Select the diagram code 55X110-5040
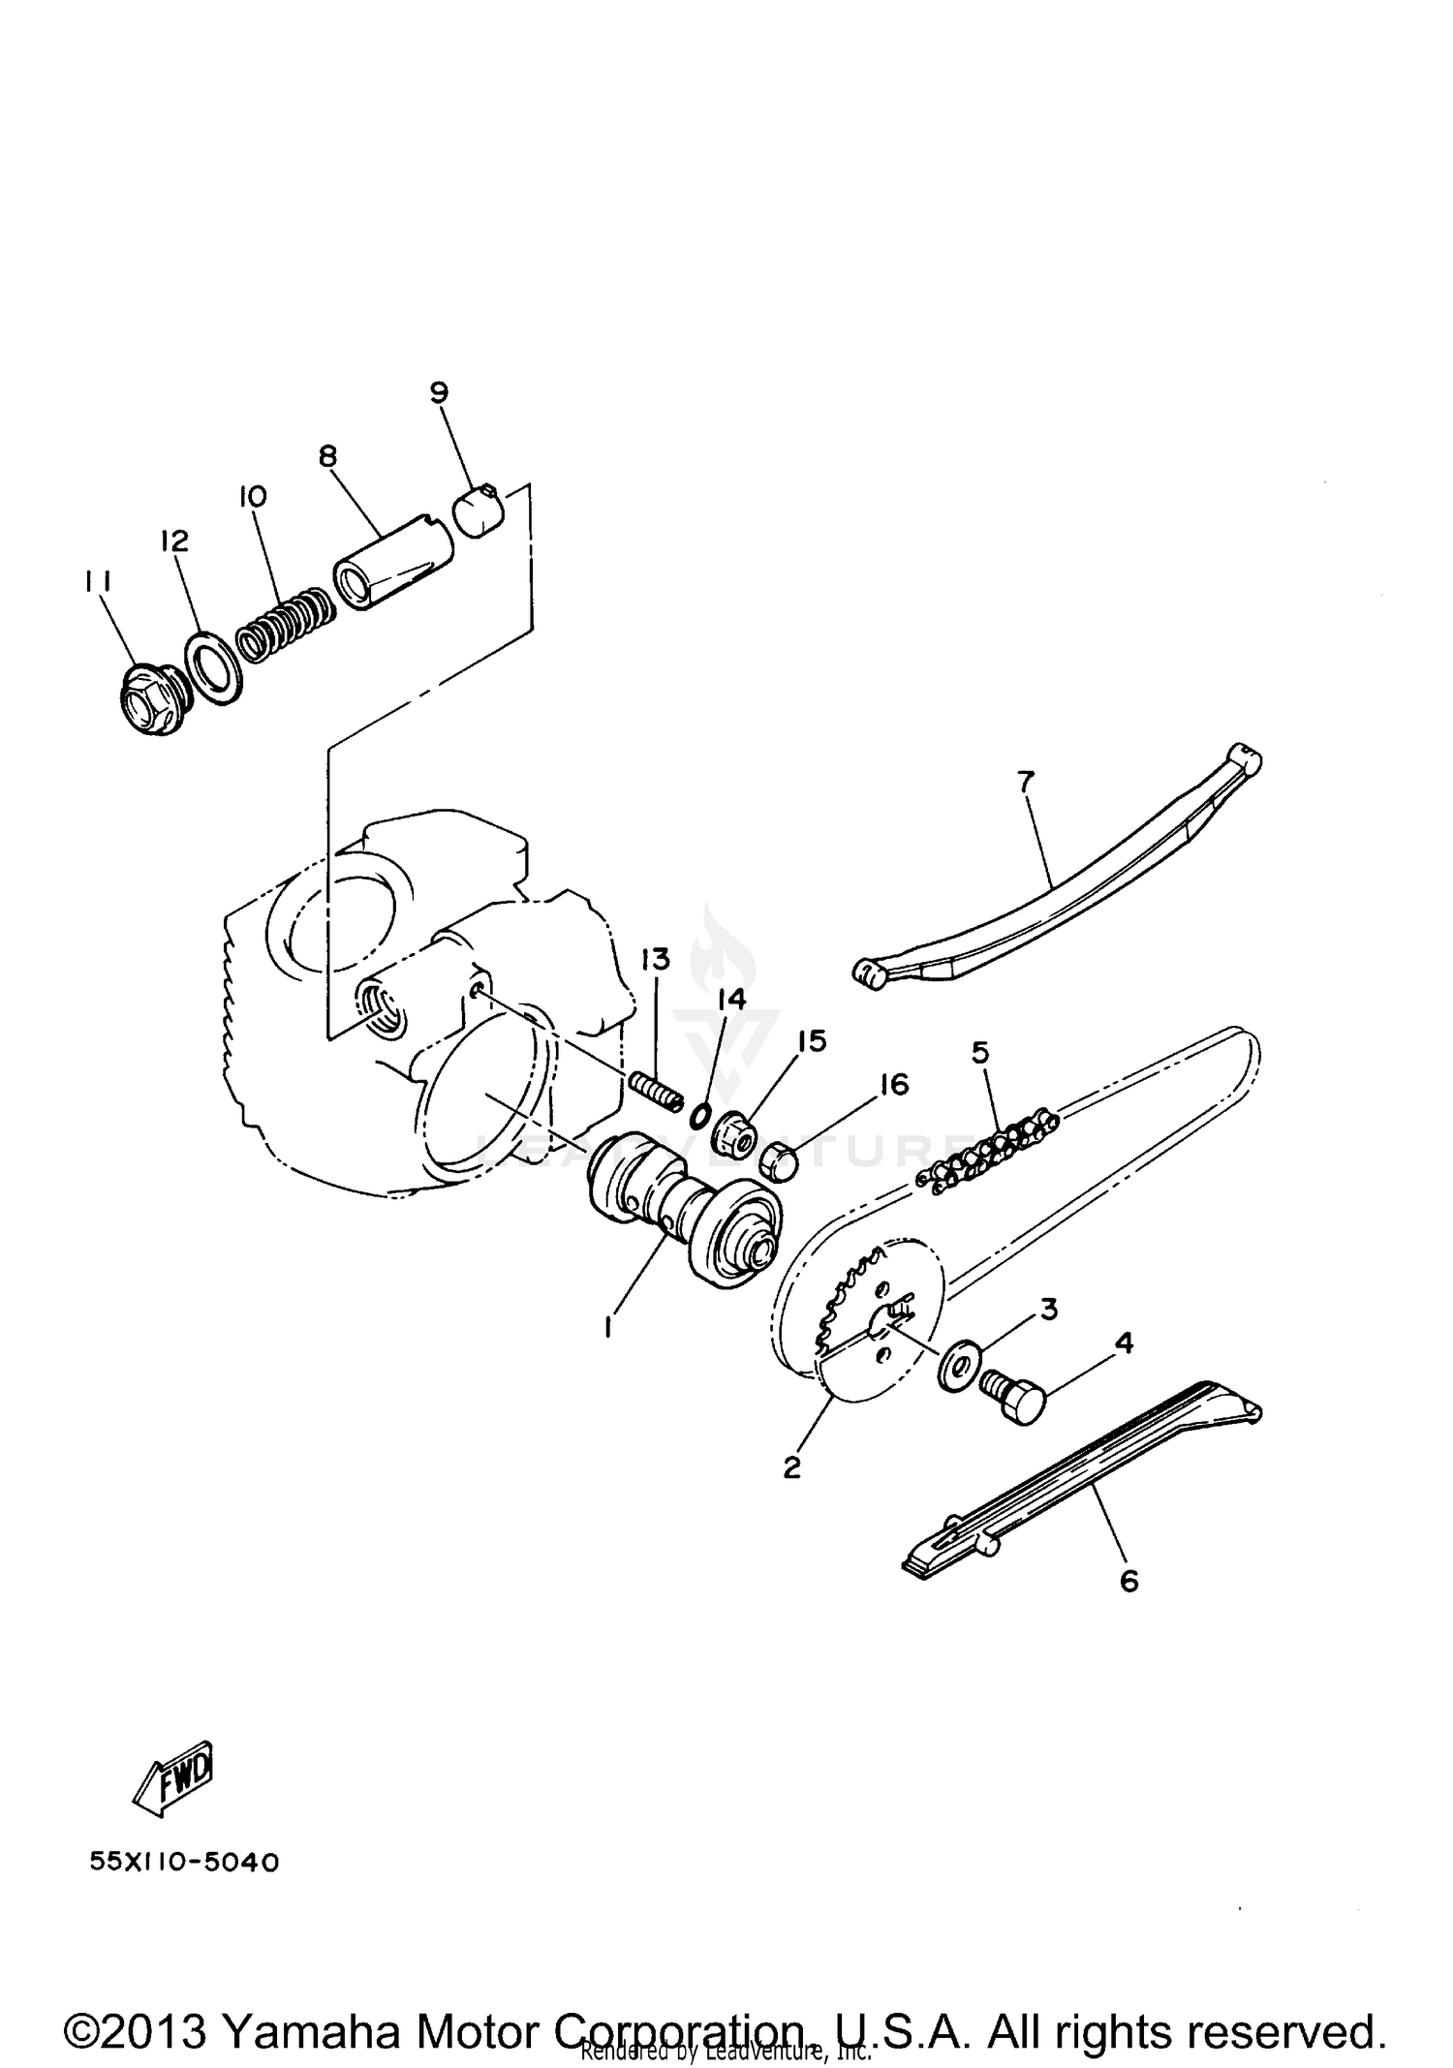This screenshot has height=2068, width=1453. coord(184,1863)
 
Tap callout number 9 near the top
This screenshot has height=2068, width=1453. coord(439,392)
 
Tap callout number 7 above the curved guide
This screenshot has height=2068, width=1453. coord(1026,779)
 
